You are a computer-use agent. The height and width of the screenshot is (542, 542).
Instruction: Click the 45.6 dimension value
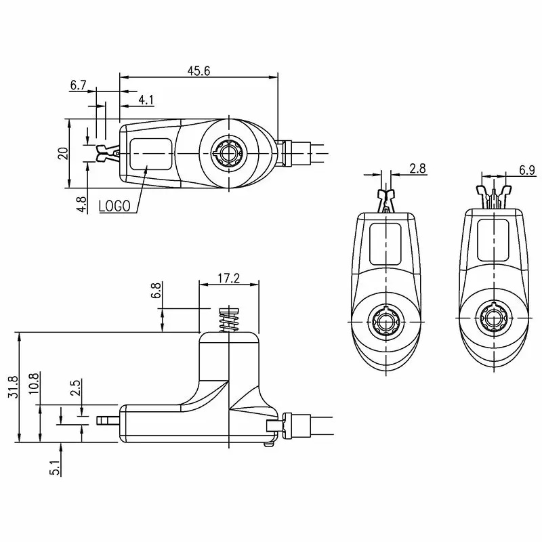click(199, 71)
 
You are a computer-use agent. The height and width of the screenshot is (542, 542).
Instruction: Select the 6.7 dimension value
click(78, 85)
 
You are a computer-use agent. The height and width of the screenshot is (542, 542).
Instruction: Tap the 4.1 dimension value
click(146, 100)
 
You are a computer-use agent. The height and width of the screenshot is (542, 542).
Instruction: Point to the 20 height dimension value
click(63, 153)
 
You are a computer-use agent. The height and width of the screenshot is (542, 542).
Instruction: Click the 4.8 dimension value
click(82, 205)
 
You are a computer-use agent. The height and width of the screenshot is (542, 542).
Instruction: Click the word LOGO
click(114, 206)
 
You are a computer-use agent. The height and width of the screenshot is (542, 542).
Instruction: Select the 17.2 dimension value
click(228, 278)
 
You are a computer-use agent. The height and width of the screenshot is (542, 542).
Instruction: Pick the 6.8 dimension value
click(156, 291)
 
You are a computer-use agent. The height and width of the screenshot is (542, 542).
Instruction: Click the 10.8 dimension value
click(33, 384)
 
